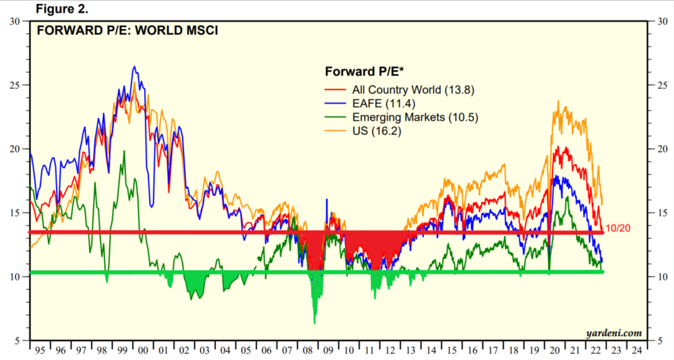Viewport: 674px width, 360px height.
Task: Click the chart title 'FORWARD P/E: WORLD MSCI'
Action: [127, 30]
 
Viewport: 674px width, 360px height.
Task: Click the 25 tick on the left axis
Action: [14, 85]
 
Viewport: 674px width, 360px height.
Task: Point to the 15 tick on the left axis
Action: [14, 213]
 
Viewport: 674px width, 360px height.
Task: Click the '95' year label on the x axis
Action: [40, 351]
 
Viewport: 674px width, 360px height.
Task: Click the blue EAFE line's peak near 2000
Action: [134, 66]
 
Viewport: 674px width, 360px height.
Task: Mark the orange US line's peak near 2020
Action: [558, 101]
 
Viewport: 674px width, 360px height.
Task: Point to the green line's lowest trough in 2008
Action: [315, 323]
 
